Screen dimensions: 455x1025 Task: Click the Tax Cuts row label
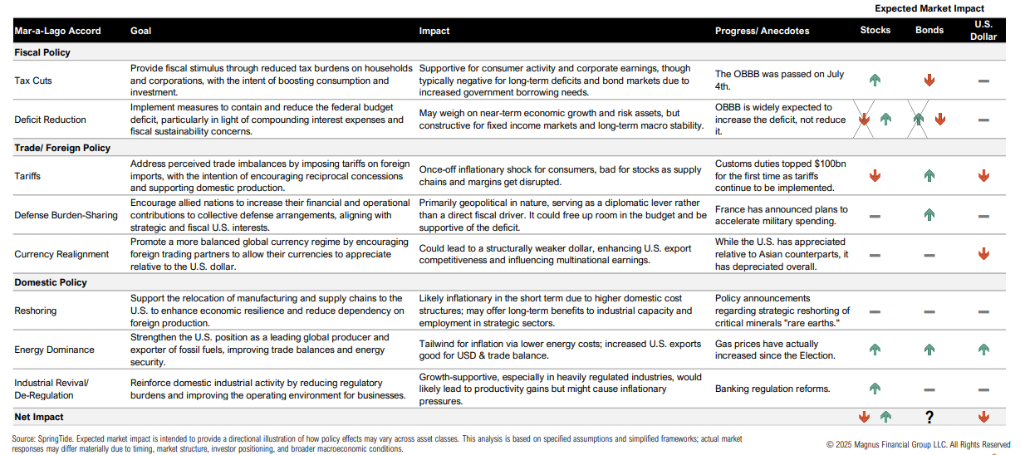(33, 81)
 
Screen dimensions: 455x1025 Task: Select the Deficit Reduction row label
(47, 120)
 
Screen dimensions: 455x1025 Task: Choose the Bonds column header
(929, 30)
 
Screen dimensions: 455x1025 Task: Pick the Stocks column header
(875, 30)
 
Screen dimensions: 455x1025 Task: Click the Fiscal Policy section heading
(42, 52)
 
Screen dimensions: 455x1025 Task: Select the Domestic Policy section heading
(51, 282)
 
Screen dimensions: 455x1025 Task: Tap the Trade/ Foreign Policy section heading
(62, 148)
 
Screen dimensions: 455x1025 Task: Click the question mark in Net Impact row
(929, 418)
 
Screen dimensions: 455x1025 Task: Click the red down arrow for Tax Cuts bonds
(929, 81)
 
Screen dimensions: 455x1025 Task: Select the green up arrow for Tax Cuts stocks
(875, 81)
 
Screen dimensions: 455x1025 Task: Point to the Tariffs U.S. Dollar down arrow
(983, 176)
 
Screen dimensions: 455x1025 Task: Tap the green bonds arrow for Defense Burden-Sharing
(929, 215)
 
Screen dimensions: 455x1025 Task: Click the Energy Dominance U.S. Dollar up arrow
(983, 350)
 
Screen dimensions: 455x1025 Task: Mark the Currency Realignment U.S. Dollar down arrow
(983, 254)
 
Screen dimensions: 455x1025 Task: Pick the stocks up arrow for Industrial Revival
(875, 389)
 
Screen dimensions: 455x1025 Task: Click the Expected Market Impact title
(929, 8)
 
